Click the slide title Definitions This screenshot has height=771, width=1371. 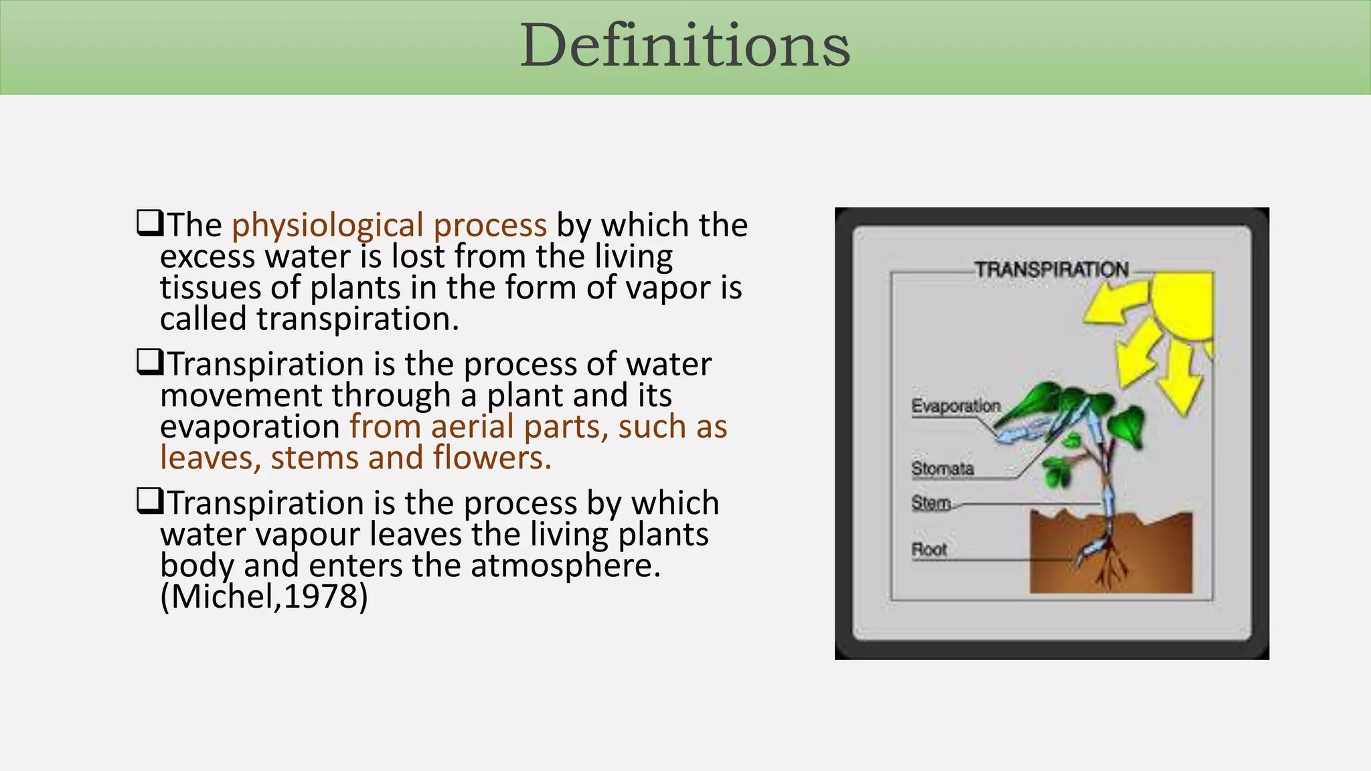pyautogui.click(x=685, y=46)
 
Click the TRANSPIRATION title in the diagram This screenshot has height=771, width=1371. pyautogui.click(x=1051, y=270)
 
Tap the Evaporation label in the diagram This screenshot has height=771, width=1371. pyautogui.click(x=955, y=406)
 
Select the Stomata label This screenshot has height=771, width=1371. pyautogui.click(x=942, y=468)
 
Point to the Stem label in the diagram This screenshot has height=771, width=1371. pyautogui.click(x=931, y=503)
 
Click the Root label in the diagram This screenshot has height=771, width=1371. pyautogui.click(x=929, y=549)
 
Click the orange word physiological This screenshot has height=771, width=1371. pyautogui.click(x=327, y=226)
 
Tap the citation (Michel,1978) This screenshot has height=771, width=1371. pyautogui.click(x=264, y=596)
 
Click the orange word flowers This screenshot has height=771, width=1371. pyautogui.click(x=491, y=458)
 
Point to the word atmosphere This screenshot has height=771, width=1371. pyautogui.click(x=565, y=566)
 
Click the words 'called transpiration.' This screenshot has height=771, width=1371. pyautogui.click(x=309, y=319)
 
